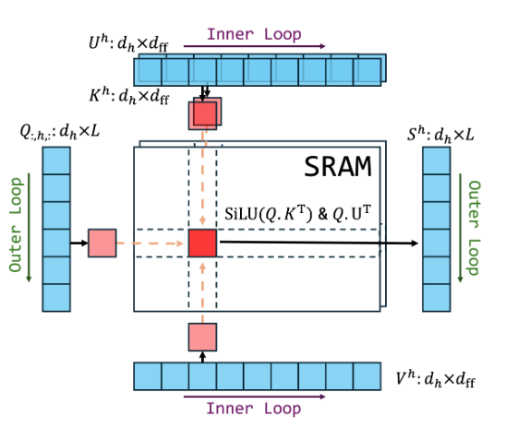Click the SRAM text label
[337, 167]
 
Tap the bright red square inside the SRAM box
[202, 243]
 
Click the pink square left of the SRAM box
[102, 243]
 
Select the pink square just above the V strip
[202, 337]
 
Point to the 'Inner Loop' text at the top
[254, 34]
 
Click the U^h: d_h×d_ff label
[128, 42]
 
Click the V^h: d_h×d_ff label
[435, 378]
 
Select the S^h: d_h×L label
[440, 135]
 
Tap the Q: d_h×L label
[59, 131]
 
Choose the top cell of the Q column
[56, 160]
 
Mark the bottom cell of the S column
[437, 297]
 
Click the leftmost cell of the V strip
[148, 376]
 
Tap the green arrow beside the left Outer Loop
[29, 227]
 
